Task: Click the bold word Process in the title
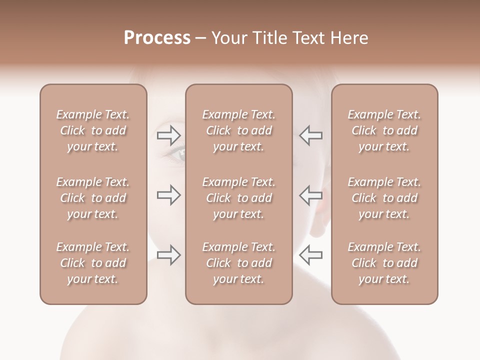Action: [157, 38]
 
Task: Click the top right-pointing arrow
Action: [169, 134]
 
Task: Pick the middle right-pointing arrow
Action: [169, 195]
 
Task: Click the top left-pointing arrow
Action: [310, 135]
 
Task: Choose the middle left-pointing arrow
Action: [310, 195]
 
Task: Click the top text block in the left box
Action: [93, 130]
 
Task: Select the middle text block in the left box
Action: [93, 198]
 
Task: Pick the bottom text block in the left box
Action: [93, 263]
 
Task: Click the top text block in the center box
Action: [238, 130]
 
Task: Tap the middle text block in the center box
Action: [238, 198]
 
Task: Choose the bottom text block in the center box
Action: [238, 263]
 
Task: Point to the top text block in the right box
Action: [384, 130]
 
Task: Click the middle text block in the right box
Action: [384, 198]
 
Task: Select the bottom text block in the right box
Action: [384, 263]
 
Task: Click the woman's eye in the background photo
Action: [177, 153]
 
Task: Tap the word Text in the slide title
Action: [311, 38]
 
